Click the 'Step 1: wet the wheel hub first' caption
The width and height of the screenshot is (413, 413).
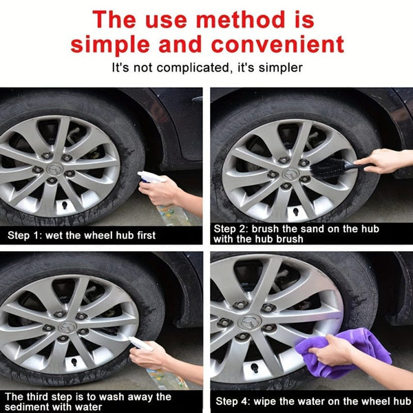81,235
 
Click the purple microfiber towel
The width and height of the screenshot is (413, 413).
344,351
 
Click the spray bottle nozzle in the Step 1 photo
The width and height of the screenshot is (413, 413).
147,177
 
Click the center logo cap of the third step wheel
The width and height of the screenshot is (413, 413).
67,326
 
